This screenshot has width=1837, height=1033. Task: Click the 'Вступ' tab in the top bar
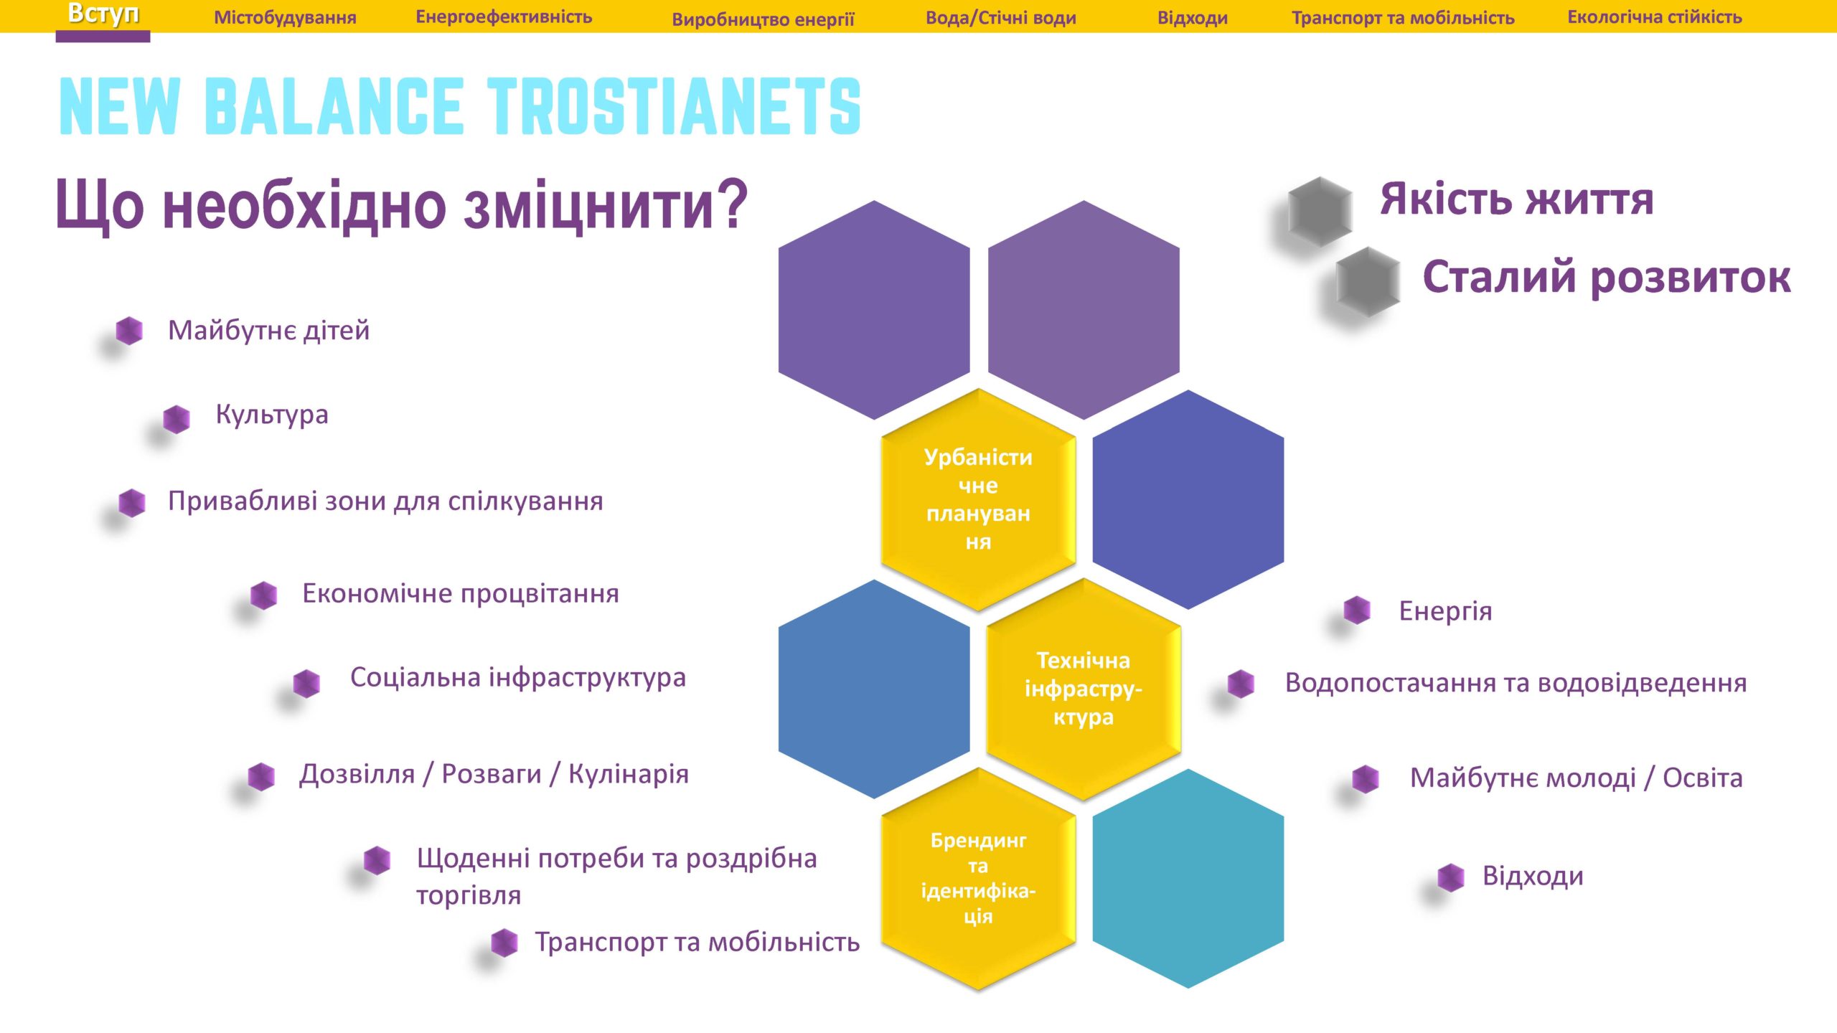[x=103, y=14]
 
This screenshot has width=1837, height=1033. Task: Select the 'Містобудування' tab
[x=285, y=17]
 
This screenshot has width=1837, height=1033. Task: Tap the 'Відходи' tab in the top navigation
[x=1193, y=18]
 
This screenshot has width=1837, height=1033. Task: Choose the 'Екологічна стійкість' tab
[x=1655, y=17]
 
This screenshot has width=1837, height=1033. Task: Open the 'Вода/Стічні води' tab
[x=1001, y=18]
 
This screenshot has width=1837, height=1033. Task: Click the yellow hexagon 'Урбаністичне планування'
[x=978, y=499]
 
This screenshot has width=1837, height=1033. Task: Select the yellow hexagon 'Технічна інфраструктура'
[x=1084, y=689]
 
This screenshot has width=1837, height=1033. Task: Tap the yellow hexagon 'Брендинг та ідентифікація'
[x=978, y=878]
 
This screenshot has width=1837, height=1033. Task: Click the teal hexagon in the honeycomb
[x=1188, y=878]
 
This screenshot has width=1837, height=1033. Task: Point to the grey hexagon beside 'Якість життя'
[x=1320, y=212]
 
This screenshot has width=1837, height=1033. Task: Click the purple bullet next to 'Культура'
[x=177, y=419]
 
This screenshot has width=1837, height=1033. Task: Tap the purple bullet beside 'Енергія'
[x=1357, y=610]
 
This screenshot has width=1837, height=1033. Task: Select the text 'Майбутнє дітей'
[x=269, y=331]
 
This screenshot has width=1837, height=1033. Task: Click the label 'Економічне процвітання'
[x=461, y=594]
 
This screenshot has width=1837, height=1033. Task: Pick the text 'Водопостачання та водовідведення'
[x=1516, y=683]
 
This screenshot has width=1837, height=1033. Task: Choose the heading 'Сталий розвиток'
[x=1607, y=278]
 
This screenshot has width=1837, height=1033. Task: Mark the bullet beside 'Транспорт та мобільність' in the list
[x=504, y=943]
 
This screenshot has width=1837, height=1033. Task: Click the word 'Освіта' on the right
[x=1703, y=778]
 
